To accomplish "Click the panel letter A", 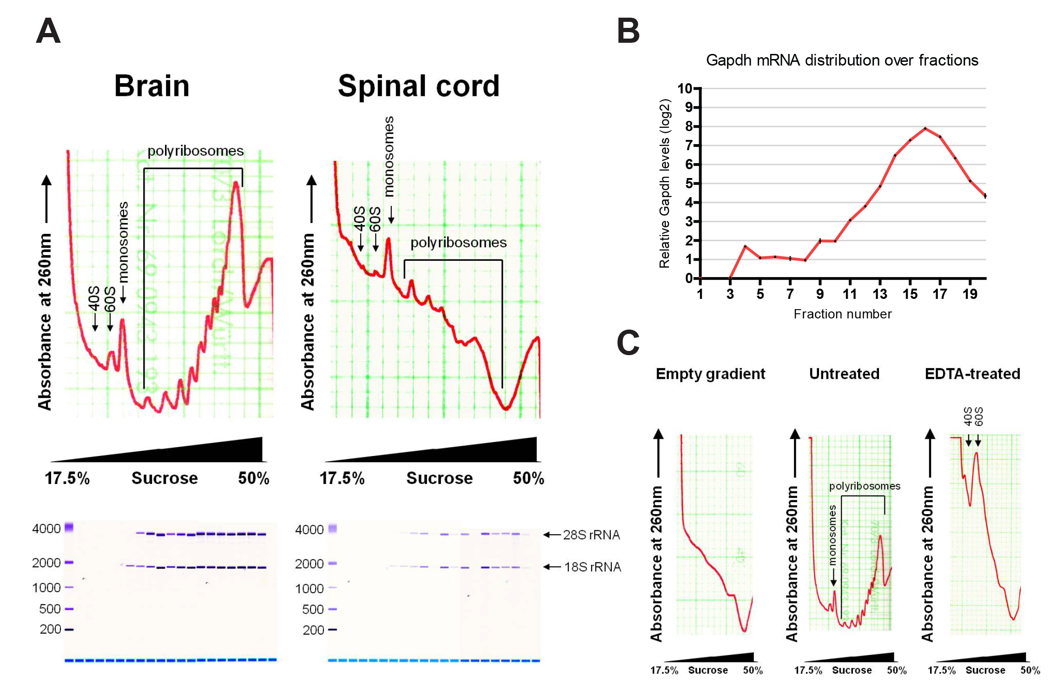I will tap(48, 31).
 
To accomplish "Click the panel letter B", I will tap(628, 31).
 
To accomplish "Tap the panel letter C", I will tap(628, 343).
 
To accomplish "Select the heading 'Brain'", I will tap(152, 86).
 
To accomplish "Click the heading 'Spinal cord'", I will tap(418, 86).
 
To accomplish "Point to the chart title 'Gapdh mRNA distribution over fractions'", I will tap(842, 60).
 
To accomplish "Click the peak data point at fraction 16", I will tap(925, 128).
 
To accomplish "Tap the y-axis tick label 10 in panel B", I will tap(685, 88).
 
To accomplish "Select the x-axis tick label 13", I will tap(880, 294).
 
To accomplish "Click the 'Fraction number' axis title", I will tap(842, 314).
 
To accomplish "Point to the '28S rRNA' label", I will tap(591, 535).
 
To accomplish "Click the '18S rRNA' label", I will tap(592, 567).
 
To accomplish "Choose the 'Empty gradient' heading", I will tap(710, 374).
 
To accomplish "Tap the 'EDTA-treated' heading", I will tap(972, 374).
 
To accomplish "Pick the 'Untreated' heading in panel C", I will tap(844, 374).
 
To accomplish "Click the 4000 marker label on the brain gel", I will tap(46, 529).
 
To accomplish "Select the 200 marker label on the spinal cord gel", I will tap(313, 630).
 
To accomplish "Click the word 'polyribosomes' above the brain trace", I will tap(195, 151).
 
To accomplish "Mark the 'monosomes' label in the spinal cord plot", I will tap(389, 156).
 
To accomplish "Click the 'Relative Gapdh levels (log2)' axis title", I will tap(665, 184).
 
